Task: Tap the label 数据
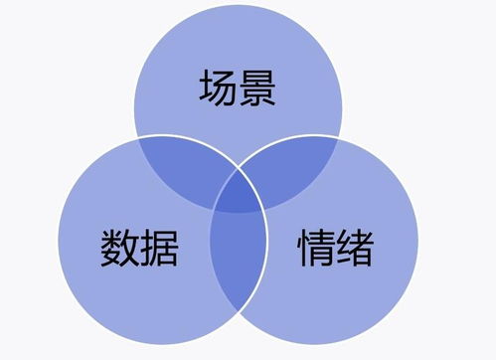139,249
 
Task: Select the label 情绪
336,249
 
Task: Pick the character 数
119,249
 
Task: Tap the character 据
160,249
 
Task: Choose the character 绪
357,249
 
